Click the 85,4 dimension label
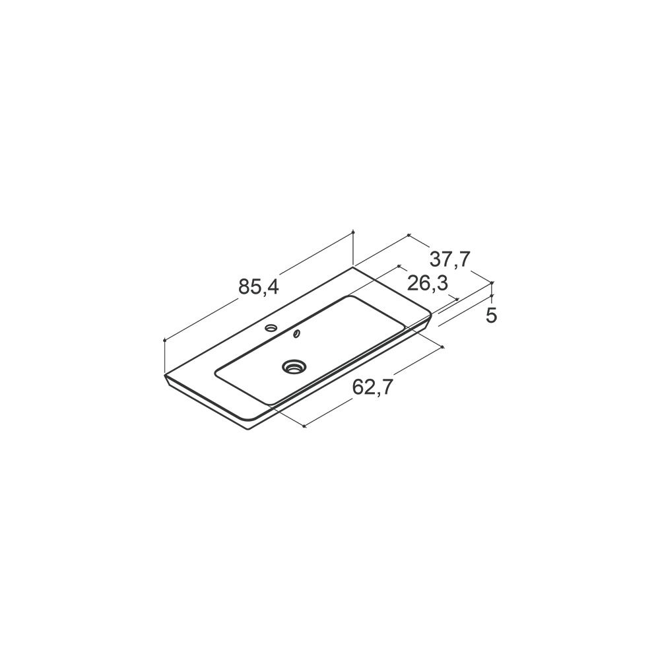(x=259, y=287)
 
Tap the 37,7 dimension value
(x=449, y=259)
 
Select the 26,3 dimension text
(x=427, y=284)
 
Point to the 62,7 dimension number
(x=372, y=387)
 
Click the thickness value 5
(x=491, y=315)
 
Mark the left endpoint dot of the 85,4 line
(x=164, y=340)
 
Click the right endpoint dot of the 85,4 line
(x=352, y=232)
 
